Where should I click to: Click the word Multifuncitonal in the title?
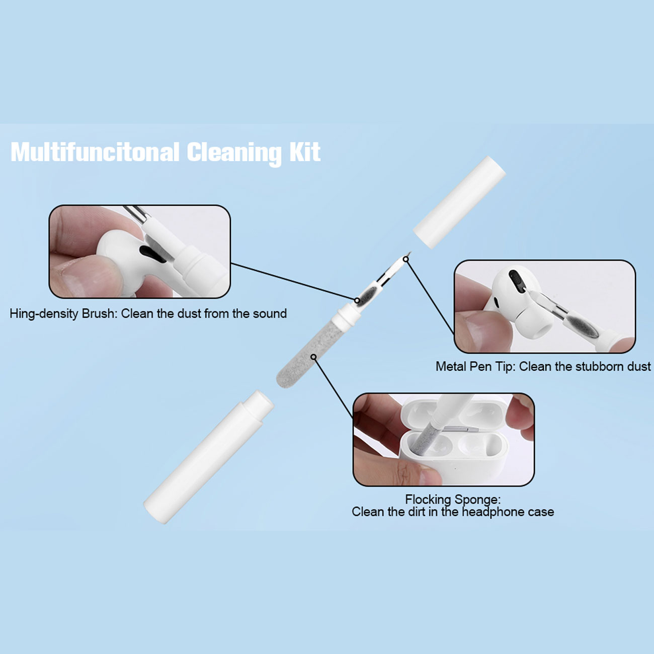click(95, 152)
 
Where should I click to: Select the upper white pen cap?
click(459, 202)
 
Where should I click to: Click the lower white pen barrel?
click(208, 457)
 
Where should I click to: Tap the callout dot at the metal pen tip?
click(405, 259)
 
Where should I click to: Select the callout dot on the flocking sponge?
click(314, 357)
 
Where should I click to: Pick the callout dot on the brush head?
click(357, 300)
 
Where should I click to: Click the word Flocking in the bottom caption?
click(428, 500)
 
